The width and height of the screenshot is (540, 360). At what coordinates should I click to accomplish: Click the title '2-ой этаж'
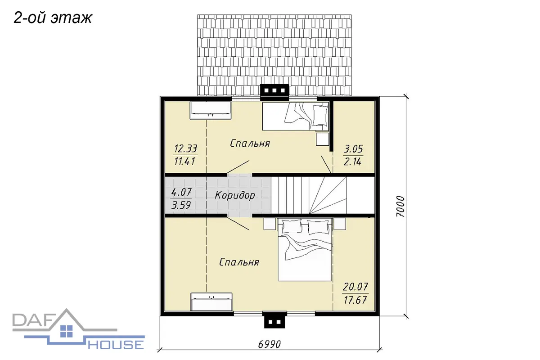point(53,18)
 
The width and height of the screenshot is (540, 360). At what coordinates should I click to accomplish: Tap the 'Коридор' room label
point(235,195)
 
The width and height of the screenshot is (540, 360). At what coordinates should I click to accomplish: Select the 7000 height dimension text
point(400,207)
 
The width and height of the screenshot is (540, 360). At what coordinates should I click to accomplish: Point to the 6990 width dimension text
point(269,344)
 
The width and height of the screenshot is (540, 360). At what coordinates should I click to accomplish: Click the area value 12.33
point(185,148)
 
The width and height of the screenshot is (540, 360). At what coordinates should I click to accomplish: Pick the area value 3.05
point(353,149)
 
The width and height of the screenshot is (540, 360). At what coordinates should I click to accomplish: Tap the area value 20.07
point(355,287)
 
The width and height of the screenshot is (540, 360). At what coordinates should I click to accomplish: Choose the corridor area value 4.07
point(181,192)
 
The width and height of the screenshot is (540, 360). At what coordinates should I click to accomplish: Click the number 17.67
point(355,300)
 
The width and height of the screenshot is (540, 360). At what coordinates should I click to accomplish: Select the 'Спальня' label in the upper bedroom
point(250,144)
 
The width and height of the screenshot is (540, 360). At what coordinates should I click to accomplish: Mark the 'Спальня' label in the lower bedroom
point(239,262)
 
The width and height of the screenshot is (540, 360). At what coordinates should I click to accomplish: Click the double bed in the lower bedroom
point(305,249)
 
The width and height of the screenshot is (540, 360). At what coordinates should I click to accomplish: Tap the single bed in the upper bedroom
point(296,116)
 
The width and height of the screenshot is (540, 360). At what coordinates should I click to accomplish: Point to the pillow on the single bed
point(320,116)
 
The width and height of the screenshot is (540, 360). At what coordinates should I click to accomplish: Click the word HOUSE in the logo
point(116,345)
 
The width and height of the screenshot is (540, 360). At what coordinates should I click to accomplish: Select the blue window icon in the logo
point(67,331)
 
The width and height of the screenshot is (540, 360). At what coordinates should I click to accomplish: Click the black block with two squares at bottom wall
point(274,320)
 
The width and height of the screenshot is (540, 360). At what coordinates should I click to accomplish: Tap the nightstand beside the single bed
point(323,139)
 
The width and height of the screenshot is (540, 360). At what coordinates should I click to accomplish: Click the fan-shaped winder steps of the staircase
point(328,195)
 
